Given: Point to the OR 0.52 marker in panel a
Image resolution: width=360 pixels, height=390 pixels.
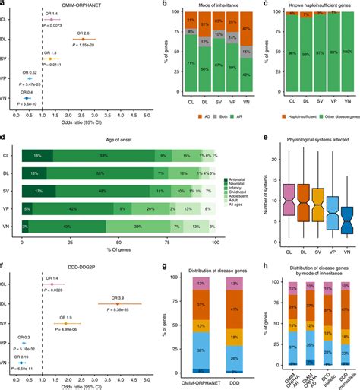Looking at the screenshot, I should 30,78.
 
